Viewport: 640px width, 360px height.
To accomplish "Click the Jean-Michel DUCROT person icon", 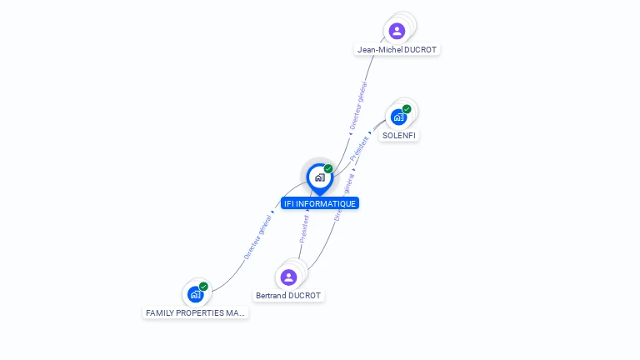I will (397, 31).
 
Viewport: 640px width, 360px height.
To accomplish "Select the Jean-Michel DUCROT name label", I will (397, 50).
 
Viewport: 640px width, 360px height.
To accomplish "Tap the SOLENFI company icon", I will (398, 117).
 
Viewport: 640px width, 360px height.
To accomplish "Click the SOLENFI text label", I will (399, 135).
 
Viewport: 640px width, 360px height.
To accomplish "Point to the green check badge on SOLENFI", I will (407, 109).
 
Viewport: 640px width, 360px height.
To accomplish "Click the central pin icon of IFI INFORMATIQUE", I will (319, 177).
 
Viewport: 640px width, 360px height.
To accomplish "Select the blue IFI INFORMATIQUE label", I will (320, 203).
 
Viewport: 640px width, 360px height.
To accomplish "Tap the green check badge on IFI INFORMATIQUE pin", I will (328, 169).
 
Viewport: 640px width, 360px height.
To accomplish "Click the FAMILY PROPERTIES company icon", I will (195, 294).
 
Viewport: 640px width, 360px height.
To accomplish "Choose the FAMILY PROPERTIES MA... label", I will (196, 313).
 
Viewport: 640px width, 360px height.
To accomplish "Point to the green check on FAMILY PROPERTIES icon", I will (203, 287).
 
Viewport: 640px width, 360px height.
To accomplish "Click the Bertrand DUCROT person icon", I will (288, 277).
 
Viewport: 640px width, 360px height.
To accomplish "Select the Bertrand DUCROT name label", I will (288, 296).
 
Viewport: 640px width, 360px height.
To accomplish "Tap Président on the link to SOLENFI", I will (359, 147).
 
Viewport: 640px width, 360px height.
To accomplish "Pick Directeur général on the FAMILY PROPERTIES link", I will (257, 237).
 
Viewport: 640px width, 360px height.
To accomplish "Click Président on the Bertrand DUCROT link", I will (304, 228).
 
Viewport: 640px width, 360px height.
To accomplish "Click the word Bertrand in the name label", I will (271, 296).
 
